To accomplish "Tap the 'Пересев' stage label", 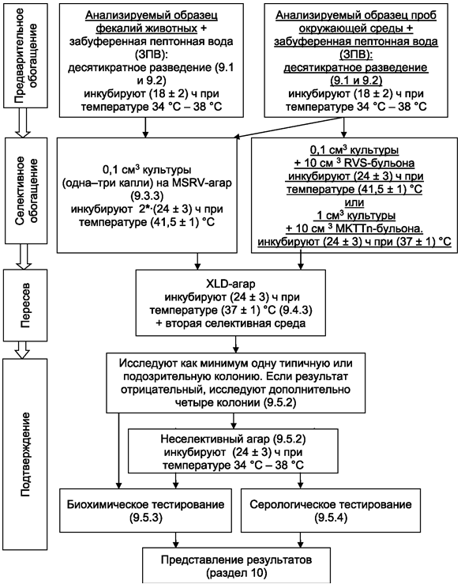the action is pyautogui.click(x=25, y=305).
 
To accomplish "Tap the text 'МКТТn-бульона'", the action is pyautogui.click(x=385, y=228).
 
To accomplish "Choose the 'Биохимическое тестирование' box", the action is pyautogui.click(x=146, y=510).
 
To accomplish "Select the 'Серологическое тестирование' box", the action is pyautogui.click(x=331, y=510).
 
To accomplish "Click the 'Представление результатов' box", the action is pyautogui.click(x=236, y=566).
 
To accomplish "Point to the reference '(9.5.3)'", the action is pyautogui.click(x=146, y=518).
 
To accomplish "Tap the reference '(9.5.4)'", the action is pyautogui.click(x=331, y=518).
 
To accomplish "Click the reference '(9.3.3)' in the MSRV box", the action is pyautogui.click(x=146, y=196).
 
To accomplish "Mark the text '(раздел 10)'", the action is pyautogui.click(x=236, y=573).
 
